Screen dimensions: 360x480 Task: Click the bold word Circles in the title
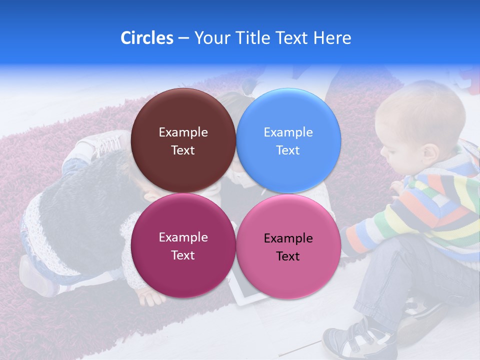click(x=146, y=38)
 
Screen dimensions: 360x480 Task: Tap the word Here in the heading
click(x=332, y=38)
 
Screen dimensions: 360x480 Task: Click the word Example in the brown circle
click(x=183, y=132)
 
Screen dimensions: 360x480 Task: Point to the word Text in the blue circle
click(x=288, y=150)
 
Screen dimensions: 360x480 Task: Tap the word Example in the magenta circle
click(x=183, y=237)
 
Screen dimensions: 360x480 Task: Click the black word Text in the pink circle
click(x=288, y=256)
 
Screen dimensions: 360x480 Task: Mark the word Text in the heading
click(x=292, y=38)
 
